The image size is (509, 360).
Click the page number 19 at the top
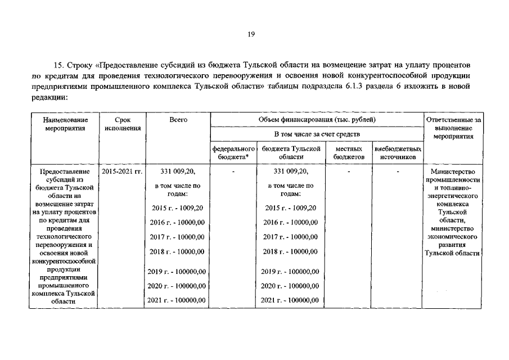[x=251, y=34]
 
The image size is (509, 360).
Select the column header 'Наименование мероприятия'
[x=66, y=124]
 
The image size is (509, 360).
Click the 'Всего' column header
[x=178, y=120]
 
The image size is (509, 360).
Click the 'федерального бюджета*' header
[x=233, y=152]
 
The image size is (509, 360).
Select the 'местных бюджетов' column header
[x=349, y=152]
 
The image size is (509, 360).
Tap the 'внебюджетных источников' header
[x=397, y=152]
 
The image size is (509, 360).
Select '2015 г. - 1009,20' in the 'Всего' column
[x=178, y=208]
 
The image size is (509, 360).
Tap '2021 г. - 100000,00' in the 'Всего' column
[x=177, y=300]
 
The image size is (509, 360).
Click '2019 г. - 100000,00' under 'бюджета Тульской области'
[x=290, y=272]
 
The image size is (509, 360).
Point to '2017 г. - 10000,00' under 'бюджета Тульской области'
[x=290, y=237]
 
